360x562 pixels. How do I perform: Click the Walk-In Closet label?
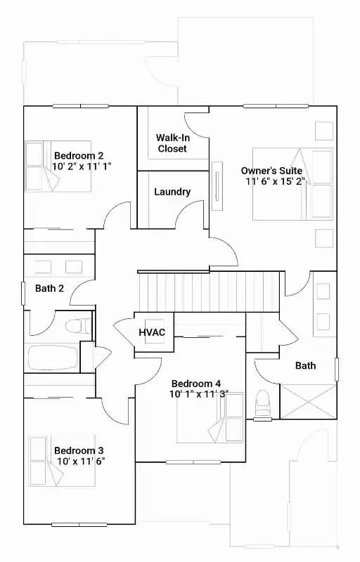(172, 143)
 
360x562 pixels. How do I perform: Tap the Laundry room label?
(172, 192)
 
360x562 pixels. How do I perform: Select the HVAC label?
(152, 332)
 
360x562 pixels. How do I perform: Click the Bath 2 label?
(49, 288)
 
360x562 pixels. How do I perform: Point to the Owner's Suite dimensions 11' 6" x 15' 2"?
(275, 181)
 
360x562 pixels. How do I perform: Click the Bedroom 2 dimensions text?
(82, 166)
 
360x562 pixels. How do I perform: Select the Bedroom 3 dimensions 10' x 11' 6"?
(81, 461)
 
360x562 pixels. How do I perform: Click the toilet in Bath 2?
(78, 326)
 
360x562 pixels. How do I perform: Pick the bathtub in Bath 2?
(53, 358)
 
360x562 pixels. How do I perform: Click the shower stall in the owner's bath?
(309, 401)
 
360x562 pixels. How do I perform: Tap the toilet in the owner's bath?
(262, 404)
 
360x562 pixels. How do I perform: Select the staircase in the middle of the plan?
(209, 292)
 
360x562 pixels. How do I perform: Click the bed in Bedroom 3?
(62, 461)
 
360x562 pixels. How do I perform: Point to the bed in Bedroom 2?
(58, 166)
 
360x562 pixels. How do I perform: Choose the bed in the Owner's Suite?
(292, 184)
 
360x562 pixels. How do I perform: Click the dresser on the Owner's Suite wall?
(217, 186)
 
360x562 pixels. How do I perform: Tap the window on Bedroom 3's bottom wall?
(79, 525)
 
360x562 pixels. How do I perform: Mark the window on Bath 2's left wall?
(23, 294)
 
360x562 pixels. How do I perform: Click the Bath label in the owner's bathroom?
(305, 365)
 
